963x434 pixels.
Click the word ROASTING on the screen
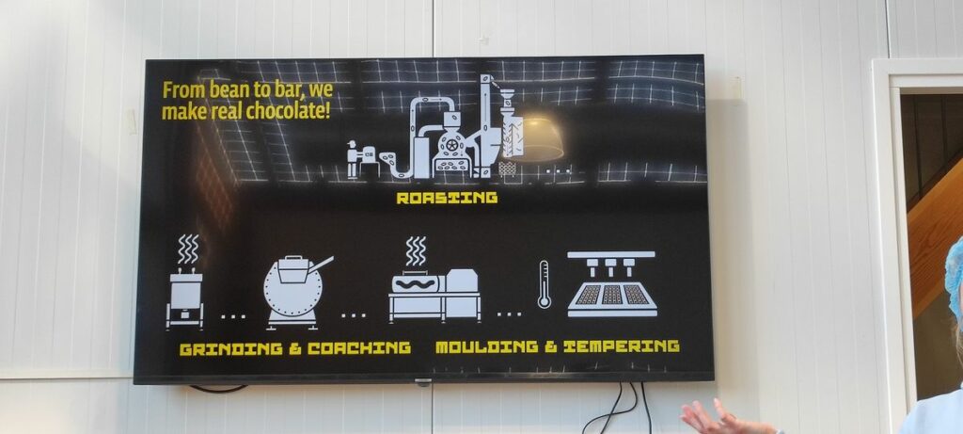pos(447,199)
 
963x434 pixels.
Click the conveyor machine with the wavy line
pos(434,294)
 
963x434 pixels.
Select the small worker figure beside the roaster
pos(354,158)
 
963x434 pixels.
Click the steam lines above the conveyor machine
pos(415,250)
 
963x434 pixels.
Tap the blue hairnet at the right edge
pos(955,278)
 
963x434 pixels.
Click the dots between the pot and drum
pos(233,315)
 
